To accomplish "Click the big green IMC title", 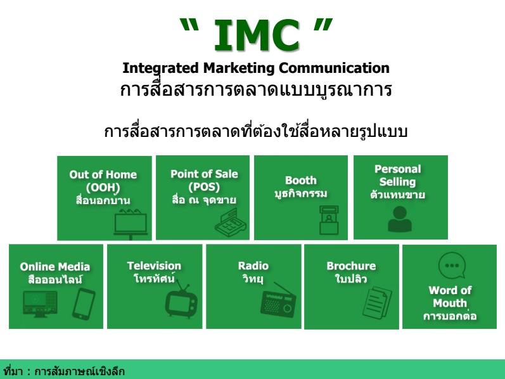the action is click(257, 35).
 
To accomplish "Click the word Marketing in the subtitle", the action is click(239, 68).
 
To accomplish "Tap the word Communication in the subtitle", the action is click(334, 68).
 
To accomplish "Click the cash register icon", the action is click(231, 222).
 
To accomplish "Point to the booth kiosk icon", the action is click(329, 220).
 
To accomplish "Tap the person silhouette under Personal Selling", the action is click(400, 219).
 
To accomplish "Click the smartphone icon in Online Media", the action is click(84, 304).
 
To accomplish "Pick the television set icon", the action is click(182, 300).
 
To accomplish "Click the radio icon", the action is click(278, 300).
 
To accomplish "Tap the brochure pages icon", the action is click(377, 302).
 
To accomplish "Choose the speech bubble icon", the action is click(452, 265).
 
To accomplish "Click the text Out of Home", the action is click(103, 175).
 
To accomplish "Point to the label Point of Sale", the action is click(204, 174).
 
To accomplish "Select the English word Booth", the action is click(301, 180).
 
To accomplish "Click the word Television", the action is click(154, 266).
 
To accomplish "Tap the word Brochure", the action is click(351, 266).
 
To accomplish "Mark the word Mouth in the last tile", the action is click(450, 303).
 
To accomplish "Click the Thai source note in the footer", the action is click(64, 371).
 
